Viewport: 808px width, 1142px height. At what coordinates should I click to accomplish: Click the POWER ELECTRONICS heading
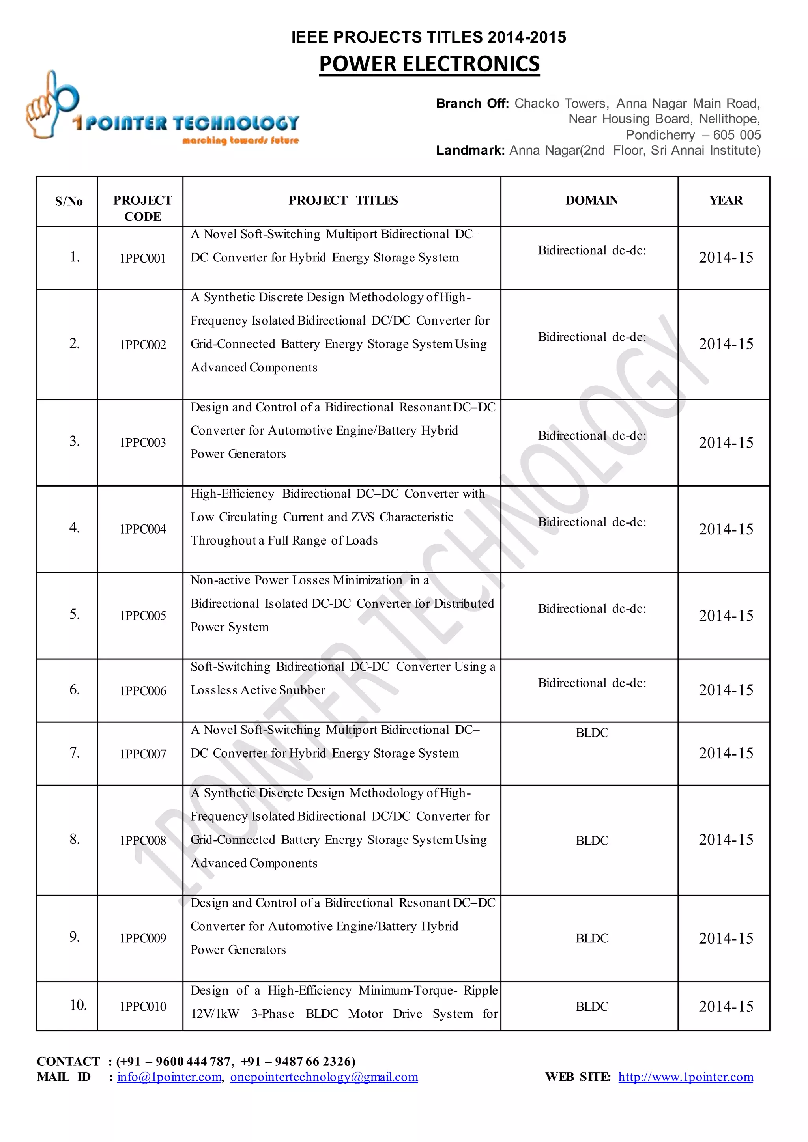point(429,64)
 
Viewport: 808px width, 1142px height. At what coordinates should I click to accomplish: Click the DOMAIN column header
point(591,200)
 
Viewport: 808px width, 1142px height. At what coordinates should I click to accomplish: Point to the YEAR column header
point(726,200)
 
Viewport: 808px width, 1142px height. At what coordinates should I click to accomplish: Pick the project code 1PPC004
point(143,529)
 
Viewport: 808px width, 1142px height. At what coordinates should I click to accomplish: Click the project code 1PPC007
point(143,754)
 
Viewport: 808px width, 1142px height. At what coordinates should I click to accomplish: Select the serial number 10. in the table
point(78,1005)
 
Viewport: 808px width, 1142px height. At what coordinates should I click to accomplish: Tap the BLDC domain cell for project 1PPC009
point(591,939)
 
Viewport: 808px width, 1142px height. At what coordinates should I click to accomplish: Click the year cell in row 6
point(726,690)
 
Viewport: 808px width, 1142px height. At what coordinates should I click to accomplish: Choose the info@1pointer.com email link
point(169,1077)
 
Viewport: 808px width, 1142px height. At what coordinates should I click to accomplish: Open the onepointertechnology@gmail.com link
point(324,1077)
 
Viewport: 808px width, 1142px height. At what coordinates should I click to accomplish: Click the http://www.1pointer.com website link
point(686,1077)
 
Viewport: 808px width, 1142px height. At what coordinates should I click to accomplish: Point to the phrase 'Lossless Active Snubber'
point(258,690)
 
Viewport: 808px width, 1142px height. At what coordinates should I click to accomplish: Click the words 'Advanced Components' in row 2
point(254,368)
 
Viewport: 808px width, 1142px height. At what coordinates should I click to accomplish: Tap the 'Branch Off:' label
point(472,103)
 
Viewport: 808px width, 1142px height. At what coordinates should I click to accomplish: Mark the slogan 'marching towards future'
point(240,141)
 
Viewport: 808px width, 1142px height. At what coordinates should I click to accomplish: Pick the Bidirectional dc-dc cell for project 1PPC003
point(591,436)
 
